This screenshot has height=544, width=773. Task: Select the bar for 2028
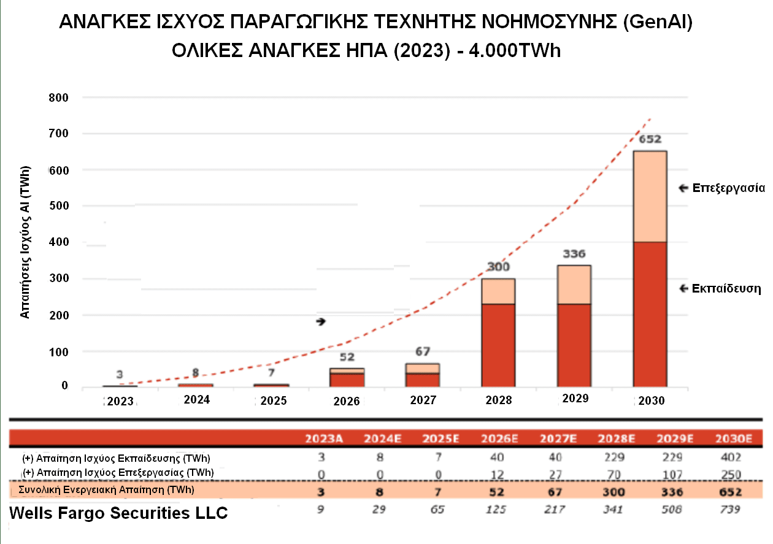[x=498, y=332]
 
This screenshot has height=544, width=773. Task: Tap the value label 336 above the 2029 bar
[x=574, y=254]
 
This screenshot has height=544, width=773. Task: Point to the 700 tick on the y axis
[x=59, y=133]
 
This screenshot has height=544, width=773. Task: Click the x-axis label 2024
[x=196, y=400]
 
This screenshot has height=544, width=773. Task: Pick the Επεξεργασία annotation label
[x=728, y=188]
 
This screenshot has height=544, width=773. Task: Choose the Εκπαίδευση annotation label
[x=726, y=288]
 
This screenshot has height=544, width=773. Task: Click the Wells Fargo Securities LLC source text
[x=118, y=513]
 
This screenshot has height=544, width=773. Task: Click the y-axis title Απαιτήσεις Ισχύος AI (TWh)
[x=25, y=242]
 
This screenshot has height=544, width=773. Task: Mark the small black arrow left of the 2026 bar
[x=321, y=321]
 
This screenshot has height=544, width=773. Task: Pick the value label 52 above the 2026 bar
[x=347, y=357]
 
